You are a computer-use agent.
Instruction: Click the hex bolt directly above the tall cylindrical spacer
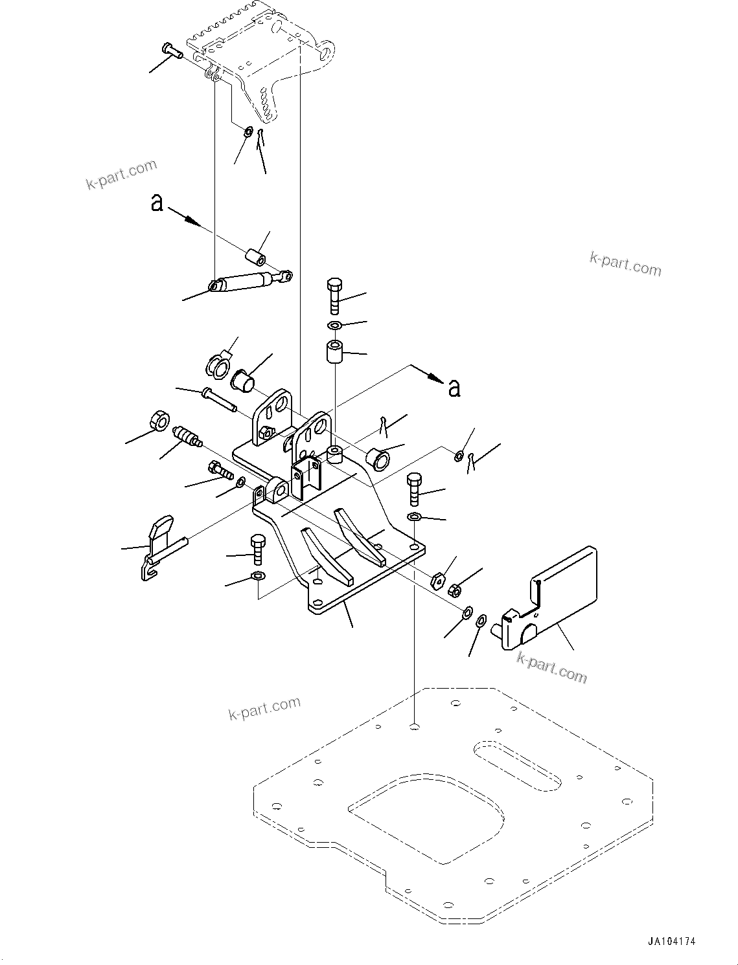point(334,295)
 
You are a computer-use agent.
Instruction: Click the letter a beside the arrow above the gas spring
point(156,203)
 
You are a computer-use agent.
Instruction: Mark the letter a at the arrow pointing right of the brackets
point(455,388)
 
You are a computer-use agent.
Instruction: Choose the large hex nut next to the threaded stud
point(158,421)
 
